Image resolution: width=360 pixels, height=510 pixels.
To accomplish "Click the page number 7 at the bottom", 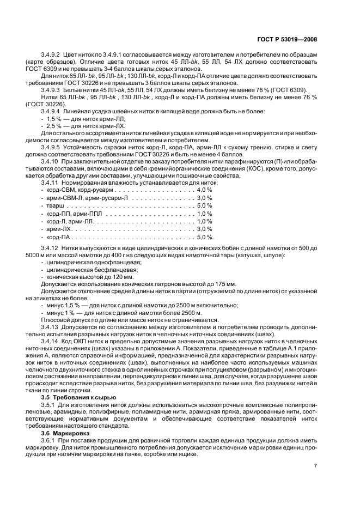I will (315, 466).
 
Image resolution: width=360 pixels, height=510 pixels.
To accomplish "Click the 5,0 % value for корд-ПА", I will (205, 238).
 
